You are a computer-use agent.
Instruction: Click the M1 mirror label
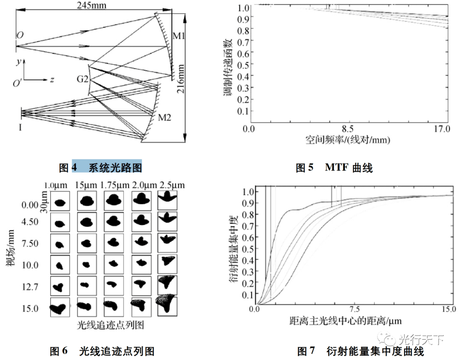tap(179, 36)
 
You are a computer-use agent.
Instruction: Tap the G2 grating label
tap(82, 79)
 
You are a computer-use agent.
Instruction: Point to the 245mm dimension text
tap(92, 6)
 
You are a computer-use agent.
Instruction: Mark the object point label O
tap(20, 35)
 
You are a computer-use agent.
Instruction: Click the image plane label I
tap(20, 126)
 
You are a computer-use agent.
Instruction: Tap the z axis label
tap(51, 79)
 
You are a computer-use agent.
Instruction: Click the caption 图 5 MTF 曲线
tap(334, 168)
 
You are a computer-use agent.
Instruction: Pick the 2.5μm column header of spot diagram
tap(173, 185)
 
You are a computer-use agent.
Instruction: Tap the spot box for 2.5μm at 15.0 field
tap(167, 306)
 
